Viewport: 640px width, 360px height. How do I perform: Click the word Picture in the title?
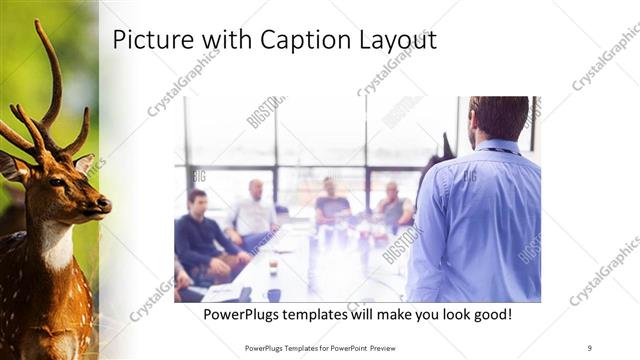point(148,40)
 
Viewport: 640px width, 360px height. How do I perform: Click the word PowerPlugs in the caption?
point(244,315)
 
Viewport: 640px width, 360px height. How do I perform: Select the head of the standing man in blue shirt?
point(497,118)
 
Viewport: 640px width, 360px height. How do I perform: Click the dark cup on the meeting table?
point(273,294)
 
